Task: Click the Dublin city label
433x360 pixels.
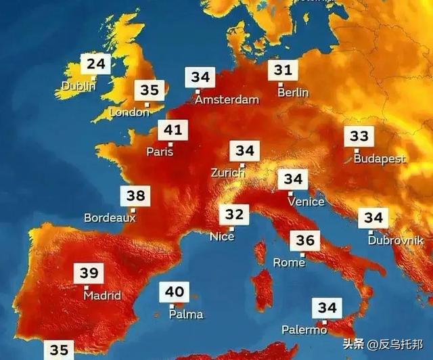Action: point(78,86)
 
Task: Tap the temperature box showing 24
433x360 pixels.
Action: point(95,65)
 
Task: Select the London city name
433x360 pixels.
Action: point(129,112)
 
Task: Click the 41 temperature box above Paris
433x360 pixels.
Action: point(173,130)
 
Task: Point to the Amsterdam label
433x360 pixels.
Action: point(227,99)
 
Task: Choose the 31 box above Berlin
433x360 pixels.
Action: point(283,70)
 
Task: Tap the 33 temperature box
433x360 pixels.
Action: point(359,137)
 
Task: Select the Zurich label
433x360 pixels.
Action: point(227,173)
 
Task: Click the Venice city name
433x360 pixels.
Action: point(306,201)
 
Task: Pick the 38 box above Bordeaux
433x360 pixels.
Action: point(135,197)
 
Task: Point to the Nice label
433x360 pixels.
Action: point(222,237)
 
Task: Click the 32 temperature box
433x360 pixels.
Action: point(234,215)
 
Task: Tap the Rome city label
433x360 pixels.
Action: point(289,262)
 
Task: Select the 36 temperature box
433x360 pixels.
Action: point(305,241)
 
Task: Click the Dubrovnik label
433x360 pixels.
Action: point(396,240)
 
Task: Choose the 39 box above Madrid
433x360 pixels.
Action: point(89,273)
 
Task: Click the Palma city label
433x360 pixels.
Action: point(186,314)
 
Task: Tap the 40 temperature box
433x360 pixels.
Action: point(175,292)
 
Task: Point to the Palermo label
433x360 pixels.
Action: point(304,330)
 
